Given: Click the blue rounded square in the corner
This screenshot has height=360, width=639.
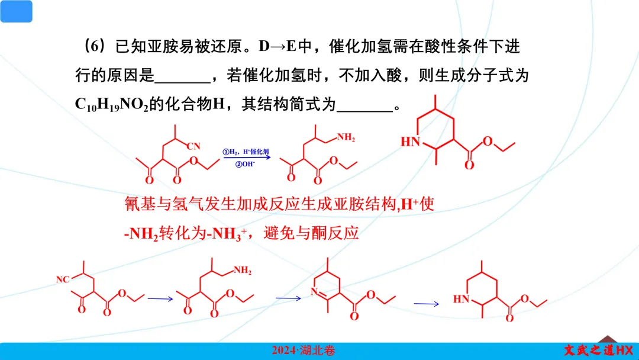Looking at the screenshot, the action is (x=16, y=11).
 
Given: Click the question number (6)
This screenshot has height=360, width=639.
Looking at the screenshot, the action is (x=93, y=46).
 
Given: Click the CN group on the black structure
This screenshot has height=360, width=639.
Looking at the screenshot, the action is (x=195, y=146).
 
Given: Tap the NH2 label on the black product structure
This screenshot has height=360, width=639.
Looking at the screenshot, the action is (x=346, y=138).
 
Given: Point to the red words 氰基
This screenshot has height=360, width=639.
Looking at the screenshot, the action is (x=138, y=204).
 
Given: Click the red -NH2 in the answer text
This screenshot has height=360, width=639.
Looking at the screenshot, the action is (x=141, y=233).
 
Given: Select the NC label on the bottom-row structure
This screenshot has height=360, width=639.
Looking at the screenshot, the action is (x=63, y=279).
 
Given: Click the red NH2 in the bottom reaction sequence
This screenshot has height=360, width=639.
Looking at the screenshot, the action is (x=242, y=271).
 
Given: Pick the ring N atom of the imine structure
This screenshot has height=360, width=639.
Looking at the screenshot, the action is (x=314, y=291).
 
